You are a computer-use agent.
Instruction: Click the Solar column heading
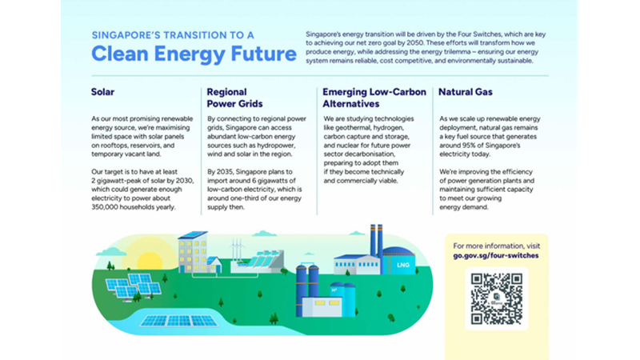pyautogui.click(x=103, y=92)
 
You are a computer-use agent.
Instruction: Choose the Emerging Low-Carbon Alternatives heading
pyautogui.click(x=373, y=98)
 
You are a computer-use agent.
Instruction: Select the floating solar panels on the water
pyautogui.click(x=178, y=321)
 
